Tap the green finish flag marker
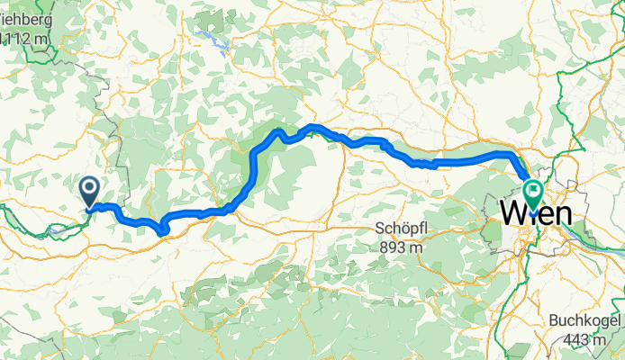(x=532, y=193)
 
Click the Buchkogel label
(x=584, y=321)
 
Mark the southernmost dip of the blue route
(x=161, y=232)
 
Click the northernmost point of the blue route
(x=312, y=126)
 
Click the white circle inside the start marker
(x=90, y=187)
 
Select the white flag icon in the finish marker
(x=532, y=189)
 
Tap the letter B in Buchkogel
(x=554, y=321)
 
